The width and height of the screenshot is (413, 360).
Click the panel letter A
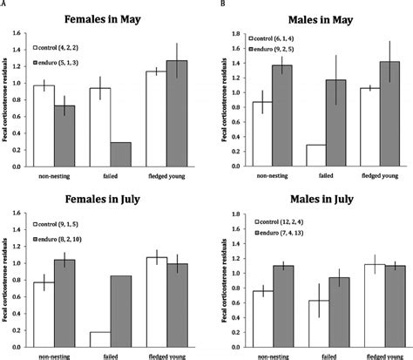tap(6, 3)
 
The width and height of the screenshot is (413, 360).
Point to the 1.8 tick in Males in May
tap(227, 33)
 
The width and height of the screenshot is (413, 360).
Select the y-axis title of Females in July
tap(10, 279)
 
